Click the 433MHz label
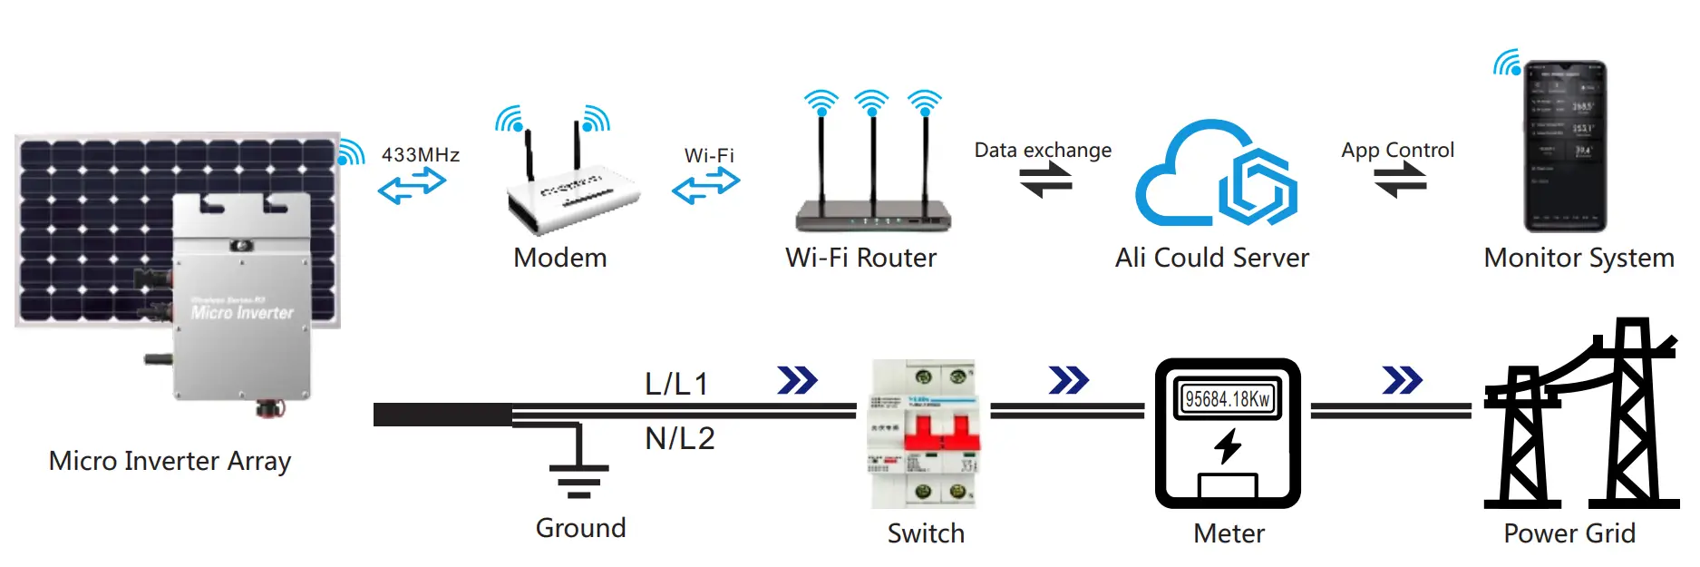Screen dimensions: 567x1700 tap(420, 155)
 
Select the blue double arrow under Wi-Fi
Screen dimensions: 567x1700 tap(705, 186)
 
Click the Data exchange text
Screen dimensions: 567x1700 tap(1043, 150)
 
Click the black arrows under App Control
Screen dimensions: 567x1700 tap(1400, 182)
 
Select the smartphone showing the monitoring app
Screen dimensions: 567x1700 tap(1565, 147)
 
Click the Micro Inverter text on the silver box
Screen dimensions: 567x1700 tap(242, 312)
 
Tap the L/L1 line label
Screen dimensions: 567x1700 tap(676, 384)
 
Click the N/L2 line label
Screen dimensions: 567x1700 tap(680, 439)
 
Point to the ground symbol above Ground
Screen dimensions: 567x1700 tap(578, 472)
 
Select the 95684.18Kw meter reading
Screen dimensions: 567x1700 tap(1228, 399)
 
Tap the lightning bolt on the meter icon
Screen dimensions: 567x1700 tap(1228, 445)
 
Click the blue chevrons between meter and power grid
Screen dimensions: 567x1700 tap(1402, 380)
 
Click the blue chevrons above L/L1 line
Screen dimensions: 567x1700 tap(797, 380)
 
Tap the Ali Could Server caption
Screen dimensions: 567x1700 tap(1212, 258)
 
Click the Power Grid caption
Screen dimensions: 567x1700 tap(1569, 533)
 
